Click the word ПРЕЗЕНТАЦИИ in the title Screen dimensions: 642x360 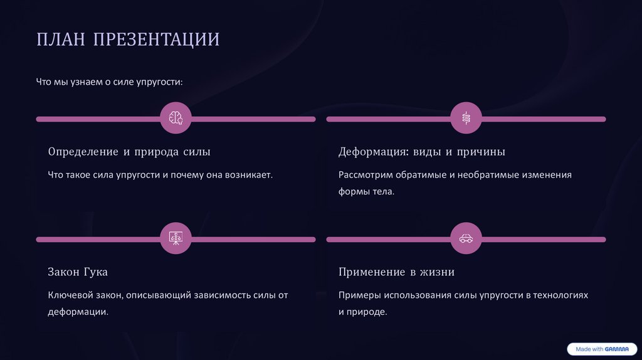point(157,40)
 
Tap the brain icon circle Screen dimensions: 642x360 point(176,118)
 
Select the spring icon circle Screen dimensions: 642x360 point(466,118)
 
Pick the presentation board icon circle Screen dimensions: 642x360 point(176,239)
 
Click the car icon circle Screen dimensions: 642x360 point(466,239)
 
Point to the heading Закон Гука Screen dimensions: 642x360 point(78,272)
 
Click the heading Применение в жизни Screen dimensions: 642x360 point(396,272)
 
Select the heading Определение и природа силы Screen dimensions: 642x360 point(129,152)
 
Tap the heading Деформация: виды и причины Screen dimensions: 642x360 point(422,152)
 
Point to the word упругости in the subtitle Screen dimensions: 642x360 point(159,82)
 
